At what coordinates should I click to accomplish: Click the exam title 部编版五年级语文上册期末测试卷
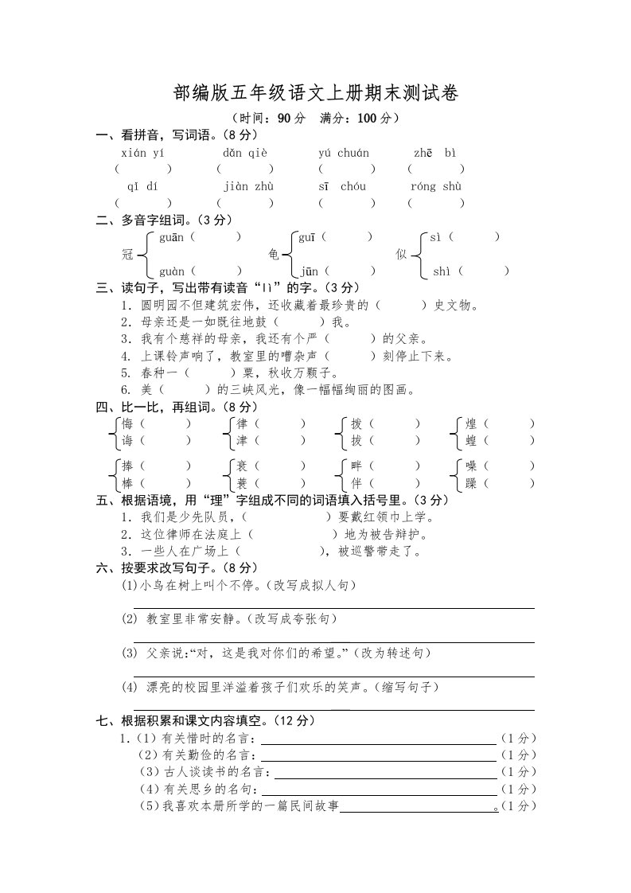point(316,94)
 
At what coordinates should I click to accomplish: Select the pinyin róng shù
point(437,186)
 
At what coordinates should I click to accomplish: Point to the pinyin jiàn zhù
point(248,186)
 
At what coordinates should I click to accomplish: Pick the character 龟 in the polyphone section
point(274,255)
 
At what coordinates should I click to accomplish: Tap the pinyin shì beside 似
point(442,271)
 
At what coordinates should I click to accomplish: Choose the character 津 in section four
point(242,440)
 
